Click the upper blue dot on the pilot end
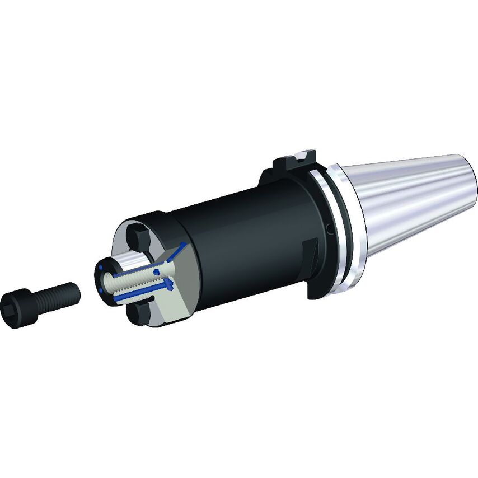click(x=101, y=269)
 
